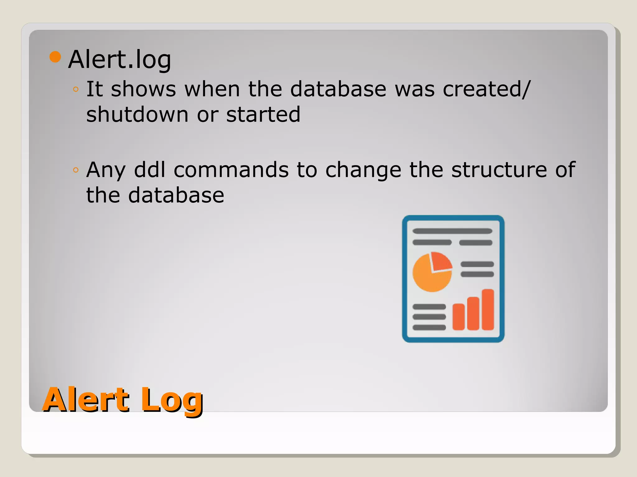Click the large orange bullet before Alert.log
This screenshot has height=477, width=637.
coord(55,57)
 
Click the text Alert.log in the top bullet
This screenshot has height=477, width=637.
coord(119,59)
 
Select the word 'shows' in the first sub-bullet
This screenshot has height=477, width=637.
coord(143,89)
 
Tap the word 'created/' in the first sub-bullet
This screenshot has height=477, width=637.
coord(486,89)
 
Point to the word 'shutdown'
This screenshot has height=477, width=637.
coord(137,114)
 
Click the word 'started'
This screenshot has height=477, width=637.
coord(263,114)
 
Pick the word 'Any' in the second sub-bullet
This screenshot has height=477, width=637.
coord(106,170)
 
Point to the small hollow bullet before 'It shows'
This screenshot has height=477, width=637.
coord(76,89)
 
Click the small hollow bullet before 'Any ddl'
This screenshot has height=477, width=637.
coord(76,170)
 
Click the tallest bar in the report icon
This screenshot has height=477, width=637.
coord(488,309)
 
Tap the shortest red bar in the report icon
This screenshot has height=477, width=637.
coord(458,316)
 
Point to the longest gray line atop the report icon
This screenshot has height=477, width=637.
coord(452,231)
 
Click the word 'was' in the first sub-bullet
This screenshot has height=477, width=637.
coord(415,89)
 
